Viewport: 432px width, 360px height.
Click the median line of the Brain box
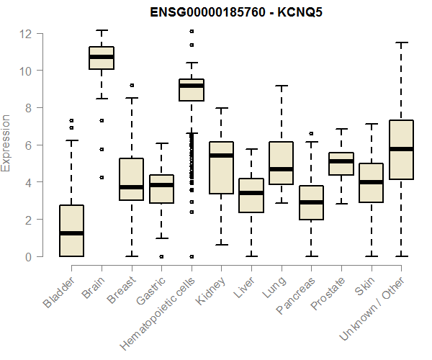point(102,56)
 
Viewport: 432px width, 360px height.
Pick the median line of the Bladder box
point(71,233)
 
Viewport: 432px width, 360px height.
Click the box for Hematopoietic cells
point(191,90)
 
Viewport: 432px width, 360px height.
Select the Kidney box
point(221,168)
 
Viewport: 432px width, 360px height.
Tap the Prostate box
point(341,163)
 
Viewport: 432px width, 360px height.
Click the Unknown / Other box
point(400,149)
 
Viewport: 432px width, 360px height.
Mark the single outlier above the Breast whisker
point(131,85)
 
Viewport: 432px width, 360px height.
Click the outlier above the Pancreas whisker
point(311,133)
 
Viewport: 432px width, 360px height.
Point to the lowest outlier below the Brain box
point(102,176)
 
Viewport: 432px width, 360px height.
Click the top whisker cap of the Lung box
point(281,86)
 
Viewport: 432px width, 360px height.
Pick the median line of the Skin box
point(371,182)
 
